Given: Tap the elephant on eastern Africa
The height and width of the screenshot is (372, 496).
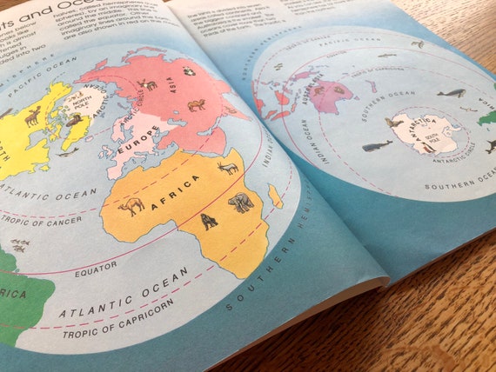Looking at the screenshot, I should click(240, 203).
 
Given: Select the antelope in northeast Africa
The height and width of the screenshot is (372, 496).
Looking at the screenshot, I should click(228, 167).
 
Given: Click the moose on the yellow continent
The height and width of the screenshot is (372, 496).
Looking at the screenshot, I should click(32, 115).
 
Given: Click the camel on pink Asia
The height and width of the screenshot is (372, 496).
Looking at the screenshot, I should click(197, 105).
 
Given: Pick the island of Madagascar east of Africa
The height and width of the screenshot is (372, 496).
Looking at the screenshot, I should click(275, 196).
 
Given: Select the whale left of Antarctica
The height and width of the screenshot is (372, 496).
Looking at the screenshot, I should click(377, 146).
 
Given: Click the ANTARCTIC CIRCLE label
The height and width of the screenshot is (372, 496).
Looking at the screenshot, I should click(462, 157).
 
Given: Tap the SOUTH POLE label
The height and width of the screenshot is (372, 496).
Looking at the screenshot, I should click(428, 136).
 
